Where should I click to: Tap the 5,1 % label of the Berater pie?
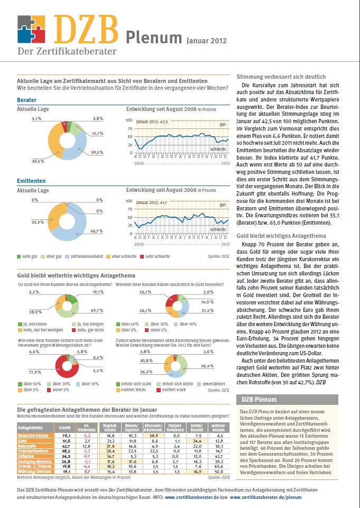pyautogui.click(x=36, y=118)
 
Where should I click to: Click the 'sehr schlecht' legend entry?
pyautogui.click(x=154, y=256)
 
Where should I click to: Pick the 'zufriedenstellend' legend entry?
pyautogui.click(x=82, y=256)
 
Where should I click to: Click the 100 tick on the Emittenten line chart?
pyautogui.click(x=128, y=201)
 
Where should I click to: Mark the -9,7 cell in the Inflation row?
pyautogui.click(x=87, y=455)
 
